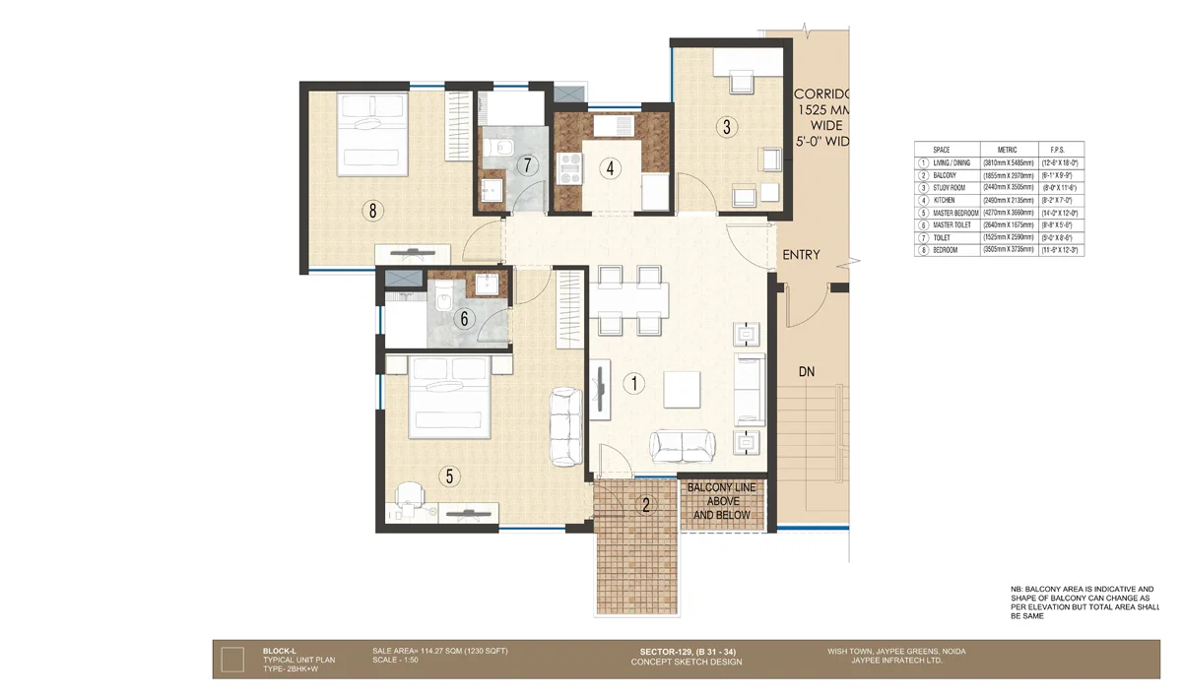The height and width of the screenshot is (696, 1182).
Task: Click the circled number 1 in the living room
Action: (635, 385)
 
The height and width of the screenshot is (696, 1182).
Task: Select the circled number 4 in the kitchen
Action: (611, 167)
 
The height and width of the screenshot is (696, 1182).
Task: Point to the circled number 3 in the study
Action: (726, 126)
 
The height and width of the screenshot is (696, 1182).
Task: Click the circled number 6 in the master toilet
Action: (465, 318)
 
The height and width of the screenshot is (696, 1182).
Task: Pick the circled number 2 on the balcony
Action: (646, 507)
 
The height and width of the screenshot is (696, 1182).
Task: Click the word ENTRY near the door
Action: (801, 255)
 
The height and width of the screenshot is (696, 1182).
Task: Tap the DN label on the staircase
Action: (808, 373)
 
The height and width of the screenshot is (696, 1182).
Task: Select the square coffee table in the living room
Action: (682, 389)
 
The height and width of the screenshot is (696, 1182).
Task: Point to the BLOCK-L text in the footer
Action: (281, 651)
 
